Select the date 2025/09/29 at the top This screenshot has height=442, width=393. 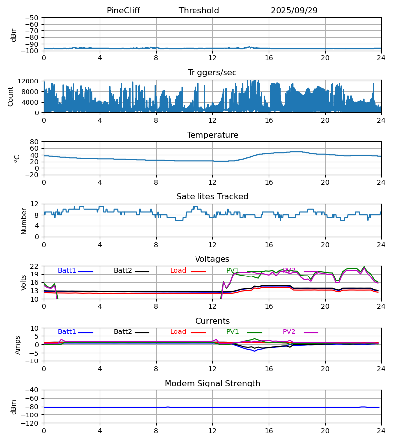[294, 11]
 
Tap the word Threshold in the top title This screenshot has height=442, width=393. [199, 11]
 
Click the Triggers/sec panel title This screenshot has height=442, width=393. [212, 73]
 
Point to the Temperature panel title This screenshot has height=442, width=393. [212, 135]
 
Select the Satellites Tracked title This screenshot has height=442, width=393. [212, 197]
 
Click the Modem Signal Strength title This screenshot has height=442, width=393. [212, 384]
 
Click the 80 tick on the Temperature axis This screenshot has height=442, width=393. [34, 142]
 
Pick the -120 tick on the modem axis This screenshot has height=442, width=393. [31, 423]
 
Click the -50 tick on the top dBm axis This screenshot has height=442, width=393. [33, 18]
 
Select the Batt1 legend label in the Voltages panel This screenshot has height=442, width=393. [67, 271]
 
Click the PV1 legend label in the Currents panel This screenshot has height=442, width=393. [232, 332]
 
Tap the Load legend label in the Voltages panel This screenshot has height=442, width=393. [178, 271]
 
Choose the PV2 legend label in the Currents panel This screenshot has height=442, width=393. [289, 332]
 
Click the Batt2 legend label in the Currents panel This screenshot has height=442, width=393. [123, 332]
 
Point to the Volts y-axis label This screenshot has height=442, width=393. [24, 282]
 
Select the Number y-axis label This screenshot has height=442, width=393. [24, 221]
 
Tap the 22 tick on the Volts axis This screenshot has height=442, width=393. [35, 266]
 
